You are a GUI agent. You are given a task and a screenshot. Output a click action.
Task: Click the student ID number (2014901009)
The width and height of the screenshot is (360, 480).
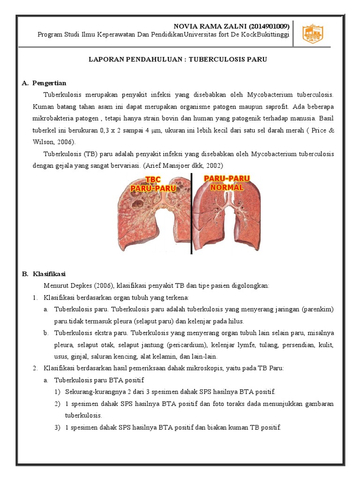coord(265,26)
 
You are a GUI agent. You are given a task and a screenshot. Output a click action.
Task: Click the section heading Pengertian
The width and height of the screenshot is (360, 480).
coord(49,83)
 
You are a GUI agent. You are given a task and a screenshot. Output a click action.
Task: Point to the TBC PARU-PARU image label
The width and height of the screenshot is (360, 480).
coord(153,184)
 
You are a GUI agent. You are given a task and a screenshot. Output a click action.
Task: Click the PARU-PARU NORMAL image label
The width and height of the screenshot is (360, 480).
coord(227,182)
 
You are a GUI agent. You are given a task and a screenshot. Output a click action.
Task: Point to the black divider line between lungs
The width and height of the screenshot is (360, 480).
coord(191,213)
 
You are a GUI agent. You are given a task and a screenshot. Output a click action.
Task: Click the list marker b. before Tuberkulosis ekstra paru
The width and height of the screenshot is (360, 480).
coord(45,333)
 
